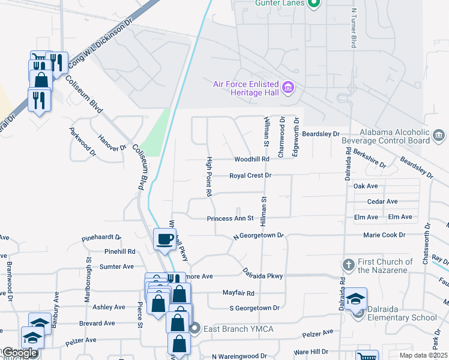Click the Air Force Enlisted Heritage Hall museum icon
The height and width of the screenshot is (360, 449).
coord(288,88)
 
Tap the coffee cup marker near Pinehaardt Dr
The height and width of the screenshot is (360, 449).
coord(165,239)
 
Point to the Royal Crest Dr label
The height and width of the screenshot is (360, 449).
coord(251,176)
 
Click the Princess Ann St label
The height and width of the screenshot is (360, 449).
coord(231,219)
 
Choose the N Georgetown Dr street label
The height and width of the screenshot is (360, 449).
coord(258,236)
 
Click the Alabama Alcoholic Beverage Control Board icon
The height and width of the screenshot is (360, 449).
coord(439,134)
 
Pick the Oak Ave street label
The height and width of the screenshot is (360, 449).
coord(366,187)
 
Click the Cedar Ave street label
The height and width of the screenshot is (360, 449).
coord(382,202)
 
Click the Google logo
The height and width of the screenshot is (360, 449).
coord(19,353)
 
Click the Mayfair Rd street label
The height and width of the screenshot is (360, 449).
coord(243,293)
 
